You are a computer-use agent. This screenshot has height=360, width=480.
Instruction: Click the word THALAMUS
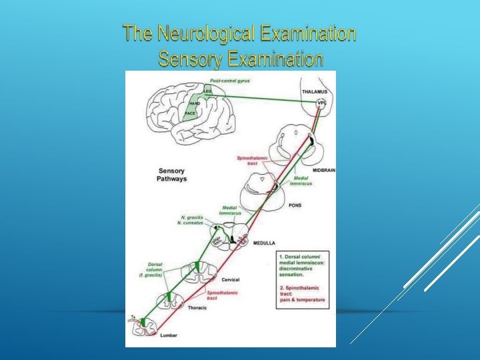coord(315,91)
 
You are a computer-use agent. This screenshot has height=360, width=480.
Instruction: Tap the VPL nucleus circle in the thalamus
coord(322,103)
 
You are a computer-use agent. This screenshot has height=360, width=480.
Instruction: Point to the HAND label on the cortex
coord(195,103)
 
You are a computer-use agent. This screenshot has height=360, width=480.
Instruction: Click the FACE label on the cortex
coord(190,114)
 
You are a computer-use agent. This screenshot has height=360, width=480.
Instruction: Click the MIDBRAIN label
coord(323,171)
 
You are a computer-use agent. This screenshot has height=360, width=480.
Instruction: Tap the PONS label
coord(295,205)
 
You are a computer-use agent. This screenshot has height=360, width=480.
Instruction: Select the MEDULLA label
coord(263,244)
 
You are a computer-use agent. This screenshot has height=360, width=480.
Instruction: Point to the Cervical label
coord(230,280)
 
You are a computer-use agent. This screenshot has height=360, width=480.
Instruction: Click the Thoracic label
coord(197,309)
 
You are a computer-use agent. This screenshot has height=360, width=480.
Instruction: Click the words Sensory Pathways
coord(171,175)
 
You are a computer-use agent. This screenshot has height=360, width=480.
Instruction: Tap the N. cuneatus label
coord(190,223)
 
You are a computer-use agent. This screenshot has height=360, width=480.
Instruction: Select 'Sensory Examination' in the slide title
coord(241,59)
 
